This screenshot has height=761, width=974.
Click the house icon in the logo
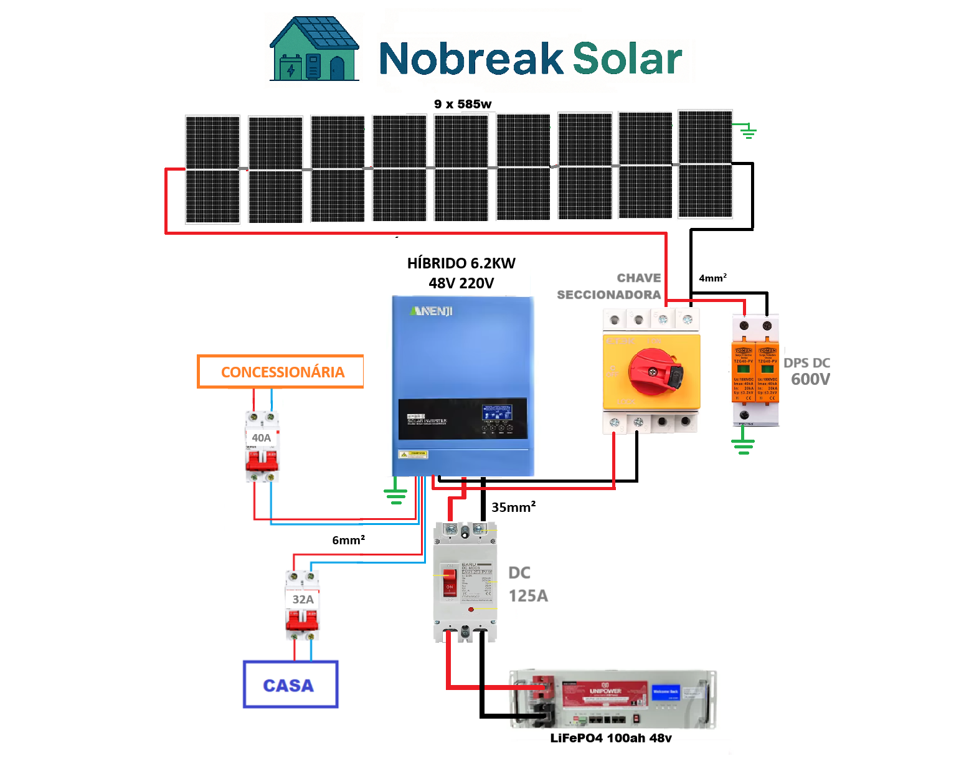point(314,49)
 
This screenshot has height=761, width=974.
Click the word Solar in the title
point(627,59)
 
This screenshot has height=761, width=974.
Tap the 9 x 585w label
point(463,104)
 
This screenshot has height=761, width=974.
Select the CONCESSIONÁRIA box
point(281,372)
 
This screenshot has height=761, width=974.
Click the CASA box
point(290,684)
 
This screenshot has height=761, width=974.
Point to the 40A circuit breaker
point(262,446)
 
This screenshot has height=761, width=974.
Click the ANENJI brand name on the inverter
point(432,311)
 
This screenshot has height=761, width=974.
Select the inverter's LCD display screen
point(496,412)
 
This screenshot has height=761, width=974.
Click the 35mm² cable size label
point(513,507)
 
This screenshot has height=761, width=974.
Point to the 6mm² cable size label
point(348,540)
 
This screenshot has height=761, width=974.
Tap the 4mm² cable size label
point(712,278)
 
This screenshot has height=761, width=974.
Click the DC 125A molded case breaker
point(465,582)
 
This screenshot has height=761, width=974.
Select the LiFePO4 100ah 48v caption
point(610,738)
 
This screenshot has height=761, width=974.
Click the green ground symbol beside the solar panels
point(748,131)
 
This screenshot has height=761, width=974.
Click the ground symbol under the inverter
point(395,496)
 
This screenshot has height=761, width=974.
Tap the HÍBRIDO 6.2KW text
point(461,263)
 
